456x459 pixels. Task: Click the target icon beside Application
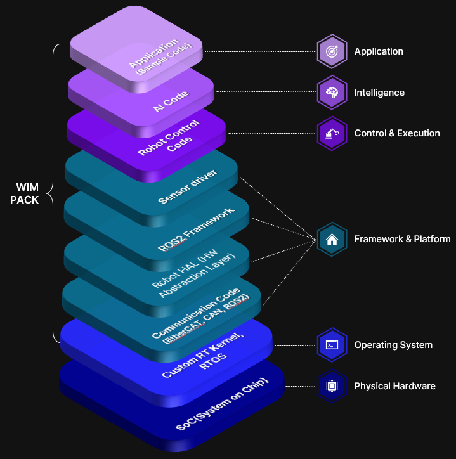(331, 51)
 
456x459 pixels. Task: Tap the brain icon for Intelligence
(331, 93)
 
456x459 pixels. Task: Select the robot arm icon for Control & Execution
(331, 133)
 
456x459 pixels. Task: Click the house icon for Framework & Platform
(331, 239)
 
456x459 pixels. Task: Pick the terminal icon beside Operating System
(331, 345)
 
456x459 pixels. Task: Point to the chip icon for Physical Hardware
(331, 385)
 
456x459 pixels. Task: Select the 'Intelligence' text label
(379, 93)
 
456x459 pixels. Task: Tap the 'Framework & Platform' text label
(402, 239)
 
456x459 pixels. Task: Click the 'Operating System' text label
(393, 345)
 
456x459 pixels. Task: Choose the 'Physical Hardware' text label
(394, 385)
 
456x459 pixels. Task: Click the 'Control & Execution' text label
(397, 133)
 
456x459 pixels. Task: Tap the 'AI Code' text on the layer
(171, 101)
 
